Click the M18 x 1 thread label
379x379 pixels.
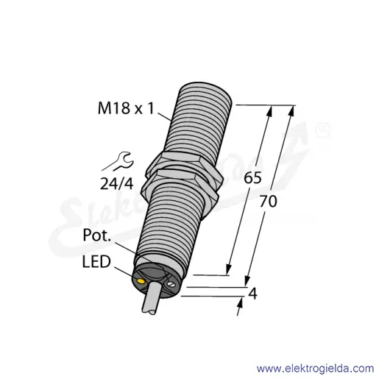point(126,108)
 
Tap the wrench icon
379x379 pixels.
point(123,161)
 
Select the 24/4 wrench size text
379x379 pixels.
point(117,183)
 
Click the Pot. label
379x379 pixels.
point(97,235)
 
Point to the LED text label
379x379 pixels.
point(96,261)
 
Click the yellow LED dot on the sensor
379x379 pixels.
point(141,281)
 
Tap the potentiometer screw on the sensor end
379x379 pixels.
point(171,285)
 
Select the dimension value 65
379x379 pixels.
point(252,178)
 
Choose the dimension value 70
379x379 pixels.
point(268,202)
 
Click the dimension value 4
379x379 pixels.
point(252,293)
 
